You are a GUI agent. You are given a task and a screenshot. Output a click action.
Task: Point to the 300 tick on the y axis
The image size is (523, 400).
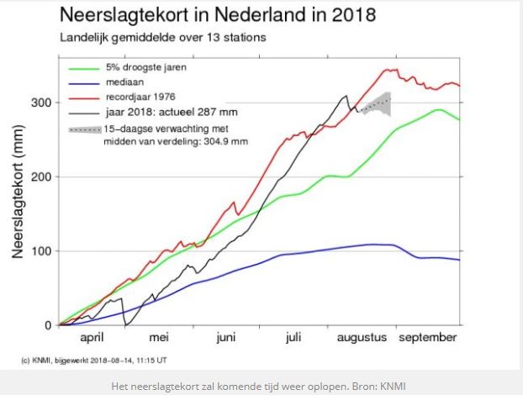tap(40, 103)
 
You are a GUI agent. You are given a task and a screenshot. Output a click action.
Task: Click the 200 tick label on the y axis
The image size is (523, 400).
tap(40, 177)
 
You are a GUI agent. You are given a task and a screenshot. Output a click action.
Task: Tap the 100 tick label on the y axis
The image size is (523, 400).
tap(40, 251)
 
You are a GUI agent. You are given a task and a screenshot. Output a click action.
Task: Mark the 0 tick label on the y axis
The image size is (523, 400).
tap(48, 325)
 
